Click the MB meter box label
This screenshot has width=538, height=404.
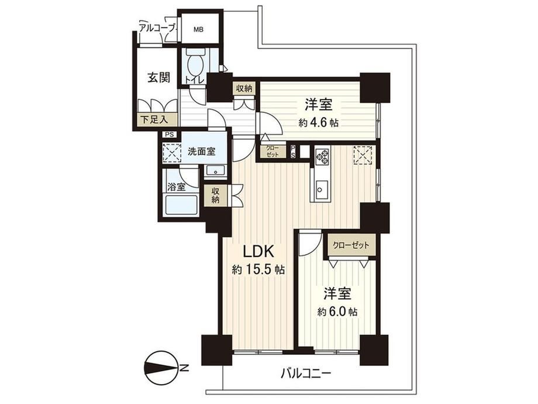pos(198,30)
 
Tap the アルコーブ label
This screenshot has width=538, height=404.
pos(157,28)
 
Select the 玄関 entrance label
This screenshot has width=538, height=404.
pos(158,78)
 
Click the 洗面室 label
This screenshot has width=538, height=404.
pos(201,151)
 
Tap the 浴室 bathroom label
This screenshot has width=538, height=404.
pos(177,187)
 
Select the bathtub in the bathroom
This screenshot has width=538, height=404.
pos(181,206)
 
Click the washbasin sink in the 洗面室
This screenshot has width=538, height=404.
pos(215,170)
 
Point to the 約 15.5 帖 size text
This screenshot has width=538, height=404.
pos(258,270)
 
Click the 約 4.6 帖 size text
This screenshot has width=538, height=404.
pos(318,122)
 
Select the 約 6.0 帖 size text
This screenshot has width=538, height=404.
pos(337,311)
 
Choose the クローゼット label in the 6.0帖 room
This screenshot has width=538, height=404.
pos(351,245)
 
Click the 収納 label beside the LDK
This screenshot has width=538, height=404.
pos(215,196)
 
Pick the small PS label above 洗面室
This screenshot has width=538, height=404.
pos(169,135)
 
